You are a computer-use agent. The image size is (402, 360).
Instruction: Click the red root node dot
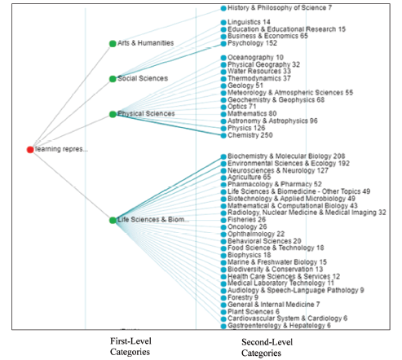coord(30,150)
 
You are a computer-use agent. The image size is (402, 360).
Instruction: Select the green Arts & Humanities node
coord(113,44)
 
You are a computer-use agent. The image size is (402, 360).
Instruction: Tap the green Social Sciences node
coord(113,79)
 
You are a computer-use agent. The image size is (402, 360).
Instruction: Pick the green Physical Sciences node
coord(113,114)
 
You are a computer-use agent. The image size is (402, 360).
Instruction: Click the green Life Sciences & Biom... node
coord(113,220)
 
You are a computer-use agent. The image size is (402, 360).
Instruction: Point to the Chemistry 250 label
coord(250,135)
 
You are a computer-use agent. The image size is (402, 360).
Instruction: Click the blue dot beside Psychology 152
coord(223,44)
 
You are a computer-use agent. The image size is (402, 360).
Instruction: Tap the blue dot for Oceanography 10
coord(223,58)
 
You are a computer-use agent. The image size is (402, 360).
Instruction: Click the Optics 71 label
coord(242,107)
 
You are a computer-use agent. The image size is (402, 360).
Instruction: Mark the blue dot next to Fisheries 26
coord(223,220)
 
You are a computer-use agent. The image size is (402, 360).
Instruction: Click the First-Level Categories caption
coord(130,346)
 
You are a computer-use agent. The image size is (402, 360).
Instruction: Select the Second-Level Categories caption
coord(267,348)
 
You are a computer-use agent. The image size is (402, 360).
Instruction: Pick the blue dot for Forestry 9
coord(223,298)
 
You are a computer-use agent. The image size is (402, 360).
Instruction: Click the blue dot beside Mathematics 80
coord(223,114)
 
